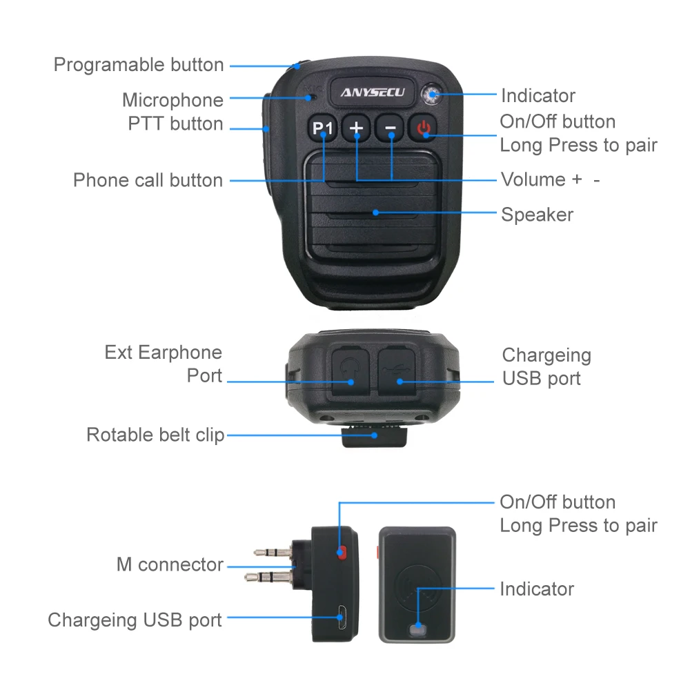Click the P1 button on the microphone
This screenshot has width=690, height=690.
pyautogui.click(x=322, y=128)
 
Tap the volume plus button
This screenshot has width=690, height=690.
pyautogui.click(x=357, y=128)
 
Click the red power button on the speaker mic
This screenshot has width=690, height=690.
pyautogui.click(x=424, y=128)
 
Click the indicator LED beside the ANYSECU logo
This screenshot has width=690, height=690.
pyautogui.click(x=433, y=95)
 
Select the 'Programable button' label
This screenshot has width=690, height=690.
pyautogui.click(x=139, y=65)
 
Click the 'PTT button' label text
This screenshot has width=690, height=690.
pyautogui.click(x=175, y=124)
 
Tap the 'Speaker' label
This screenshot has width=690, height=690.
pyautogui.click(x=537, y=215)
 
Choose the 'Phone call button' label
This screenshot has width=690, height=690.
pyautogui.click(x=148, y=181)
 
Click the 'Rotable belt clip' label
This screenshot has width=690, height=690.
pyautogui.click(x=155, y=435)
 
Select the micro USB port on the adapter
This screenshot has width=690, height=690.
pyautogui.click(x=340, y=615)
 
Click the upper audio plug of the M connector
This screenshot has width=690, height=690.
pyautogui.click(x=273, y=551)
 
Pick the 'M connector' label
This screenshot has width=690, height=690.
pyautogui.click(x=170, y=565)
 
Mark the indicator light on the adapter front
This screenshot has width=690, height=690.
pyautogui.click(x=416, y=629)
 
